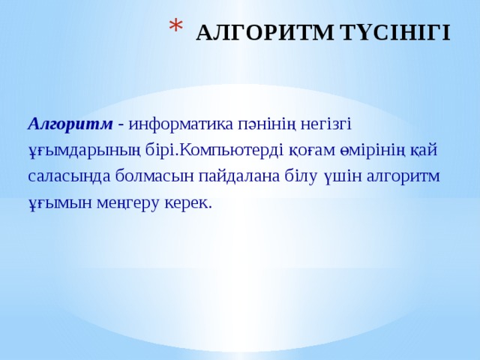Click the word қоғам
pyautogui.click(x=310, y=149)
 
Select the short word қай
pyautogui.click(x=426, y=149)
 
